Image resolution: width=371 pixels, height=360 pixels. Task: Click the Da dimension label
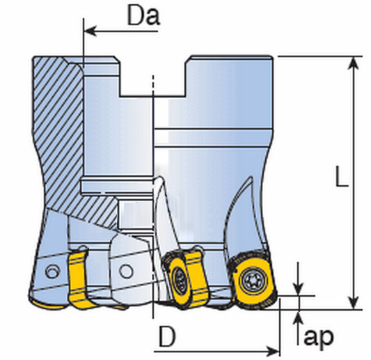coord(143,16)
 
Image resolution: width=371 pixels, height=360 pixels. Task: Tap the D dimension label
coord(167,336)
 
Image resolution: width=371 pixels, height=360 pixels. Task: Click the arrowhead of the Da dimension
coord(90,31)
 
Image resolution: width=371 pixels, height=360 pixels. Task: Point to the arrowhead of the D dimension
coord(273,351)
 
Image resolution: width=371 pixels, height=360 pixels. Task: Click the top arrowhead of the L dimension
coord(354,63)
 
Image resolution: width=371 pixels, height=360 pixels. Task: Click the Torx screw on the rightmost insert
coord(251,281)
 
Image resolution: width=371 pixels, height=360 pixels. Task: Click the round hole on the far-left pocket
coord(52,272)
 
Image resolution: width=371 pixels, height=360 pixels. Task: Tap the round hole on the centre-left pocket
coord(125,271)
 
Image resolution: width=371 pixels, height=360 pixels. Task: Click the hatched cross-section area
coord(59,132)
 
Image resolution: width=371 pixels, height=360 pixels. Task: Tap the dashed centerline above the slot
coord(153,84)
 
